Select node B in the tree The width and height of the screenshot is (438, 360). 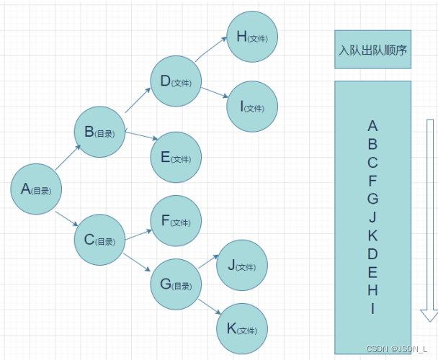pyautogui.click(x=100, y=132)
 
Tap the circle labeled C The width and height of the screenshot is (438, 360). pyautogui.click(x=100, y=240)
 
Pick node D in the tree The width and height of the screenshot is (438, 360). pyautogui.click(x=176, y=81)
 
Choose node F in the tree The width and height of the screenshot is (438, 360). pyautogui.click(x=176, y=221)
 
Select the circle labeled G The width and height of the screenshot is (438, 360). pyautogui.click(x=176, y=284)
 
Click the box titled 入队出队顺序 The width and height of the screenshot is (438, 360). pyautogui.click(x=372, y=50)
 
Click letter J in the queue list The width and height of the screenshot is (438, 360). pyautogui.click(x=372, y=217)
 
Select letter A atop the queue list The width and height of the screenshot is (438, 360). pyautogui.click(x=372, y=126)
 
